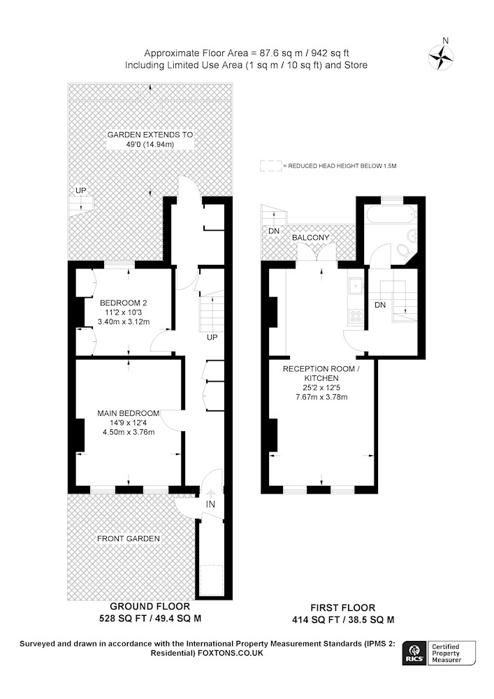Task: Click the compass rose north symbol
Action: click(441, 57)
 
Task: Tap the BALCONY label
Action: click(310, 238)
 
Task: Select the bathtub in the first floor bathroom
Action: click(391, 215)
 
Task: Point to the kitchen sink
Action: click(356, 286)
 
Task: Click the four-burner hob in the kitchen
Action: click(356, 316)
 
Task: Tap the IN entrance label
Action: click(210, 504)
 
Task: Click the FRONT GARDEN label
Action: click(129, 538)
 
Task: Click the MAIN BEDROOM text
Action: click(129, 413)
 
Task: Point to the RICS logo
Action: click(414, 653)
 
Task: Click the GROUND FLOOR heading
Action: click(150, 606)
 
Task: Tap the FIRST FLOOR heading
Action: click(342, 607)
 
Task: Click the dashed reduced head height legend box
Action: click(271, 166)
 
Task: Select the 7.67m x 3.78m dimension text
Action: click(321, 397)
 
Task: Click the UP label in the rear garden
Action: click(80, 190)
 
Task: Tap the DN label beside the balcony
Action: click(274, 231)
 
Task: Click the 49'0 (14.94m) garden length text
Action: click(150, 145)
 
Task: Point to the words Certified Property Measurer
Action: click(446, 653)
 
